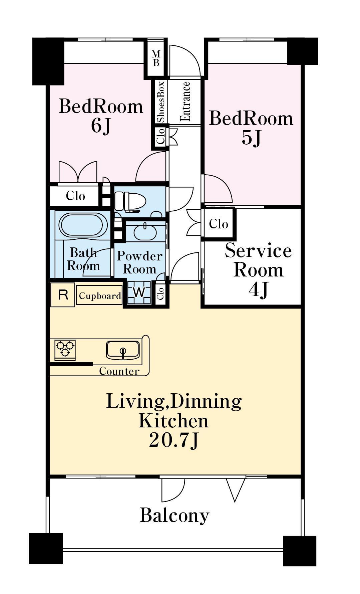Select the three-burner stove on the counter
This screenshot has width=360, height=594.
click(x=65, y=350)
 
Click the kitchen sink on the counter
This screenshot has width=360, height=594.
click(x=123, y=350)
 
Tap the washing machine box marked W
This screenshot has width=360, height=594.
click(x=139, y=292)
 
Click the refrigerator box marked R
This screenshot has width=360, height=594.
click(x=63, y=294)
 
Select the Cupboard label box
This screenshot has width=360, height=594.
click(x=99, y=295)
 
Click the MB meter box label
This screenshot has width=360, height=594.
click(x=156, y=58)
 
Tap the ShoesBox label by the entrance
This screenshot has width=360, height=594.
click(x=161, y=102)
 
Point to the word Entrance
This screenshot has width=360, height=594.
click(x=185, y=102)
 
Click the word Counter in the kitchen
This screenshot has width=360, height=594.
click(x=119, y=371)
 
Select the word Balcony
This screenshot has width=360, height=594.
click(x=174, y=515)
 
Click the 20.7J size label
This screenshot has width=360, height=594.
click(x=174, y=440)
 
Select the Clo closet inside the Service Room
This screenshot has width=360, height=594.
click(x=219, y=223)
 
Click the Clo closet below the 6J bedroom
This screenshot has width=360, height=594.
click(x=75, y=196)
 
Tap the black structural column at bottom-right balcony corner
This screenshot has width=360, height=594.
click(x=300, y=551)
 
